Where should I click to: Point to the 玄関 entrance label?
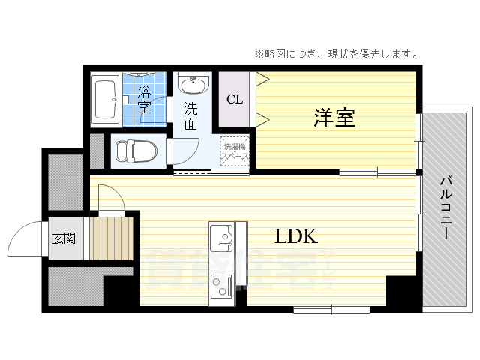pyautogui.click(x=64, y=239)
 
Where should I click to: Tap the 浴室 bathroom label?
pyautogui.click(x=143, y=100)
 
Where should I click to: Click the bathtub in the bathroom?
pyautogui.click(x=104, y=100)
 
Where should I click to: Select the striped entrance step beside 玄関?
pyautogui.click(x=110, y=238)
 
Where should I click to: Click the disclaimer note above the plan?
pyautogui.click(x=336, y=54)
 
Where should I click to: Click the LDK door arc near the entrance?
pyautogui.click(x=106, y=196)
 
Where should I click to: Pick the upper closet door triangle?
pyautogui.click(x=262, y=79)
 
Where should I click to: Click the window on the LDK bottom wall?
pyautogui.click(x=331, y=308)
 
